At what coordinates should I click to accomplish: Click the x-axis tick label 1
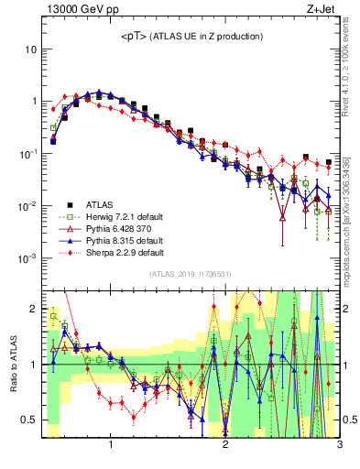point(111,445)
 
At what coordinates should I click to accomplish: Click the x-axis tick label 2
point(225,445)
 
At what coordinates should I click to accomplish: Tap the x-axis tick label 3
point(339,445)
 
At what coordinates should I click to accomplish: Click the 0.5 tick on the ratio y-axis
point(28,420)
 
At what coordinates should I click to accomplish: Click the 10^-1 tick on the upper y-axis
point(27,154)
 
